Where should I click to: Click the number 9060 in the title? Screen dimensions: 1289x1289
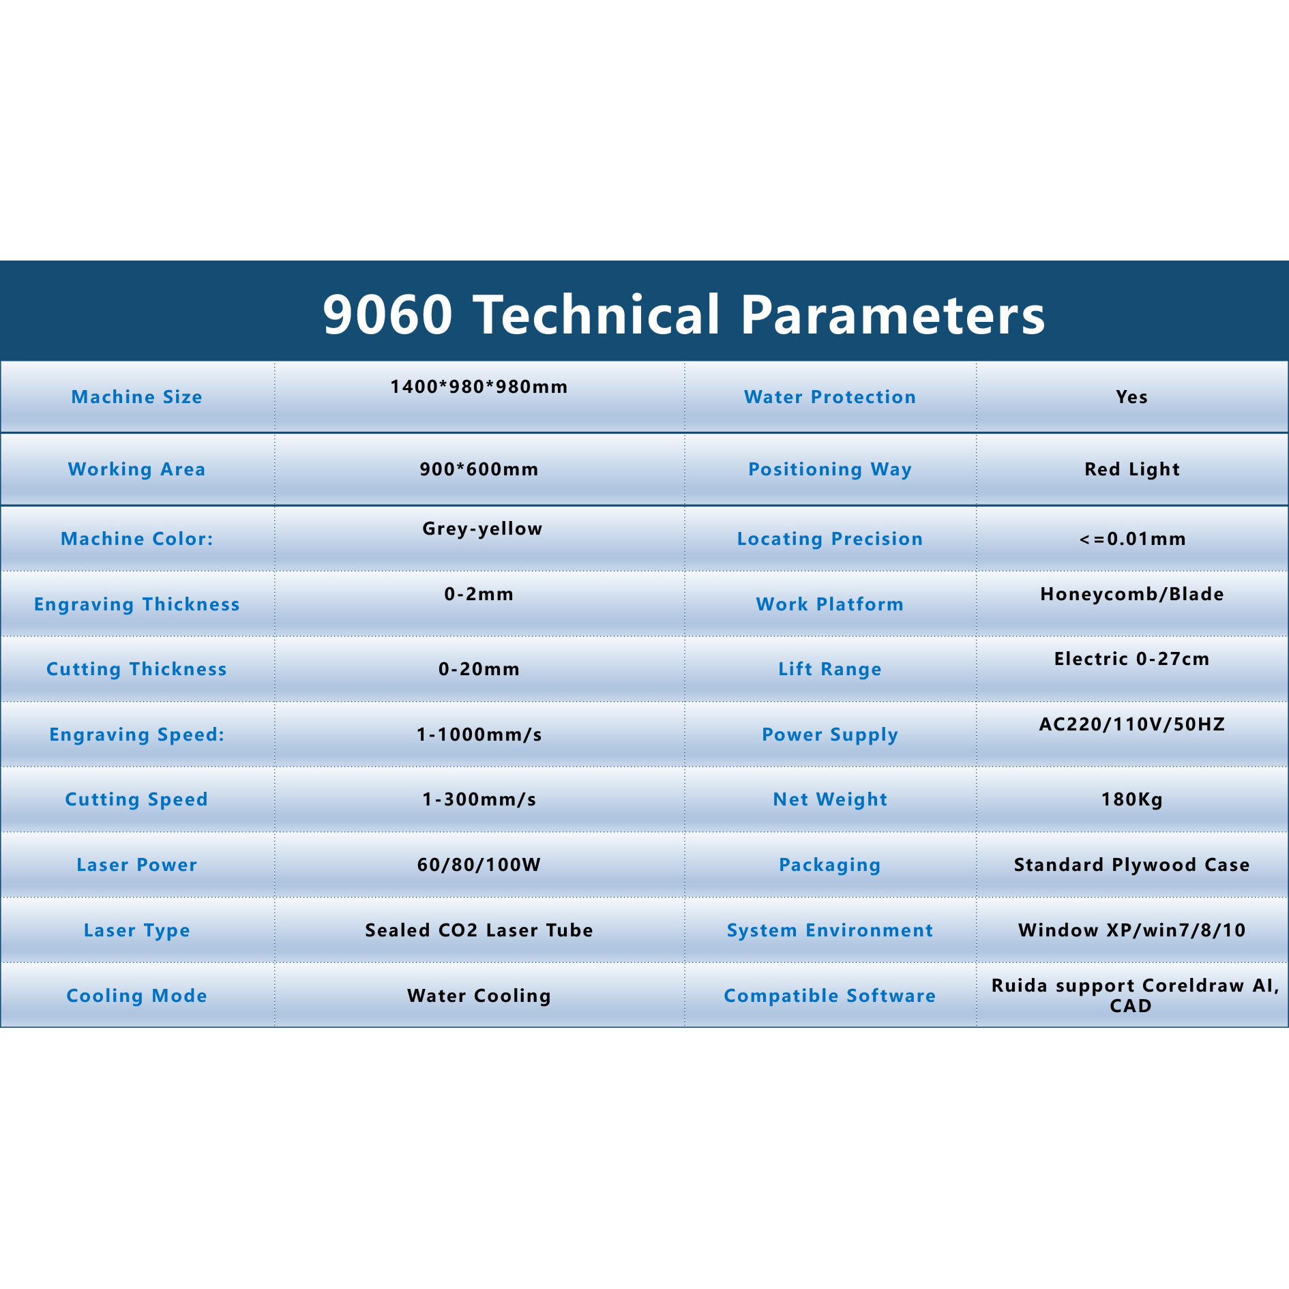click(387, 314)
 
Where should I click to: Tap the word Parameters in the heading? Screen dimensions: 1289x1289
click(893, 314)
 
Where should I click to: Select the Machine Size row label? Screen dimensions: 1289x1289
click(137, 397)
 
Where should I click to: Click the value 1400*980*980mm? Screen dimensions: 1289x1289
click(479, 387)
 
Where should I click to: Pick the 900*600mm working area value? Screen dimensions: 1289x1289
click(479, 469)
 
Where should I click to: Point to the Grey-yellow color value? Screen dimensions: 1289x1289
click(482, 529)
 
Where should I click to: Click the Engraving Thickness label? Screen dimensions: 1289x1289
click(137, 604)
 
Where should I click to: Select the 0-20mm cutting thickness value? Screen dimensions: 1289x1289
click(479, 669)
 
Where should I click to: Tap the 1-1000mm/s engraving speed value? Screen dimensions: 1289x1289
click(479, 735)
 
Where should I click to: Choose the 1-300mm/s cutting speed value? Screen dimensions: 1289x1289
click(479, 799)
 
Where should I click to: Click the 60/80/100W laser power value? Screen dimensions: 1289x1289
click(479, 865)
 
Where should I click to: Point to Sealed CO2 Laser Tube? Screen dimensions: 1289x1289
click(479, 930)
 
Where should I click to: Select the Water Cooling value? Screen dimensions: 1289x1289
click(479, 996)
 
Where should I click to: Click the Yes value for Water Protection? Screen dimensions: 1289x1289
click(1132, 397)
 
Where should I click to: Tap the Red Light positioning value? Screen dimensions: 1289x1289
click(1132, 469)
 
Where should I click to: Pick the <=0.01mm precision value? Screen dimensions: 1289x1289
click(1132, 539)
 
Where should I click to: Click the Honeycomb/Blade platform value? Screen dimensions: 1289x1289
click(1132, 594)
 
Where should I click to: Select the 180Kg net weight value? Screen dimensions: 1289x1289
click(1132, 799)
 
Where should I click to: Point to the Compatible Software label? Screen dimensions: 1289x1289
click(830, 996)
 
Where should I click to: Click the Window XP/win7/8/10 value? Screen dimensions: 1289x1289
click(1132, 930)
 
